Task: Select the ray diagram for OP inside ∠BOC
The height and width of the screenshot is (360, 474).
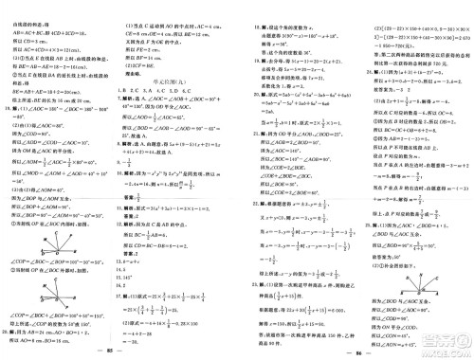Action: click(38, 241)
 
